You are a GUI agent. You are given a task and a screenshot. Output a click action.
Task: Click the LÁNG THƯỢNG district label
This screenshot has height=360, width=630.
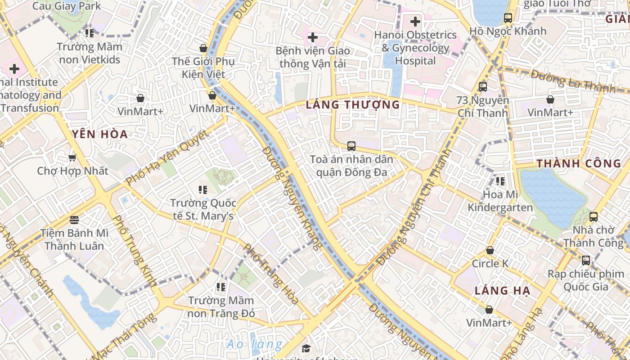(352, 105)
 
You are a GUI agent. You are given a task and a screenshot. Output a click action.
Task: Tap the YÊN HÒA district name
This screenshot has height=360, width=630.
(100, 134)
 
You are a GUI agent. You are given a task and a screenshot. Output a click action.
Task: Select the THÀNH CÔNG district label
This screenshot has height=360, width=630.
(579, 163)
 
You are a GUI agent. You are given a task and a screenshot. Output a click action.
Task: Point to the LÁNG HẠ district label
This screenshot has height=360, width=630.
(502, 291)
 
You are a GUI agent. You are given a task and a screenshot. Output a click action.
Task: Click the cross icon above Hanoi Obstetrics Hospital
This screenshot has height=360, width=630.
(415, 21)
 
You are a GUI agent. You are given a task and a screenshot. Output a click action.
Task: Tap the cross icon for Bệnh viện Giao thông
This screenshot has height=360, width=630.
(312, 37)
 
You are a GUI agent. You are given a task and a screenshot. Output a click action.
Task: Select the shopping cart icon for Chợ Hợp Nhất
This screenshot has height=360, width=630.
(72, 157)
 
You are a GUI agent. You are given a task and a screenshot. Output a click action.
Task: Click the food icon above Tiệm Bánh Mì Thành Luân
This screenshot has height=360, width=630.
(74, 220)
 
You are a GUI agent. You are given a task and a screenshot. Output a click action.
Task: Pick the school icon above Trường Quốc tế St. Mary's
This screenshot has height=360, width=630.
(203, 190)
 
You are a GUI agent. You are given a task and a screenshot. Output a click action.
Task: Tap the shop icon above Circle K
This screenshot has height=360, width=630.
(490, 250)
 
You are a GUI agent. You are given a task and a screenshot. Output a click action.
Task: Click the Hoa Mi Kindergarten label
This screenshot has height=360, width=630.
(500, 201)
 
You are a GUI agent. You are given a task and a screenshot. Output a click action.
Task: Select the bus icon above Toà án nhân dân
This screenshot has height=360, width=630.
(351, 146)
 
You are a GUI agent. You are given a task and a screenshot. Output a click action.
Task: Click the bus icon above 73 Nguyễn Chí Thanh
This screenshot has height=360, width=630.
(483, 87)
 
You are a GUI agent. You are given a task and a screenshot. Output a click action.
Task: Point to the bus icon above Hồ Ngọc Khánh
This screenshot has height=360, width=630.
(508, 18)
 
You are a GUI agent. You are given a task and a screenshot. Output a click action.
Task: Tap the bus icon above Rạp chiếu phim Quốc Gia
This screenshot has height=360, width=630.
(585, 260)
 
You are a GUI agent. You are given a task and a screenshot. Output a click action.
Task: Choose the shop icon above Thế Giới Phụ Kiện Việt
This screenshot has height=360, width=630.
(203, 48)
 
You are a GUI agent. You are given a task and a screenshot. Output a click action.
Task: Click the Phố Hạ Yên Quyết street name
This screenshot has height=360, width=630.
(167, 158)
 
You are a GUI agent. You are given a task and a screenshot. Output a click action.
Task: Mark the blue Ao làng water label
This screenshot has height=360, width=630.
(254, 345)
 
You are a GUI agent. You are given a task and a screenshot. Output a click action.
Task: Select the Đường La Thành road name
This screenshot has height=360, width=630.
(572, 81)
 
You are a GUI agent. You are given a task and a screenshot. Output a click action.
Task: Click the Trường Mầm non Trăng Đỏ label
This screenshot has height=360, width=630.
(221, 306)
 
